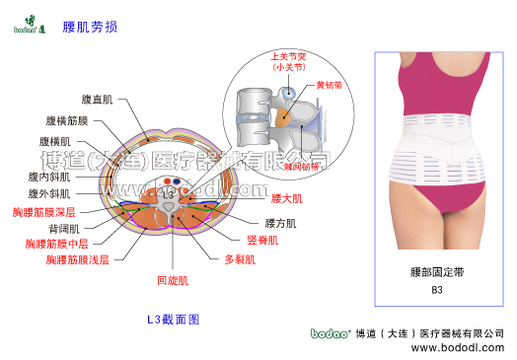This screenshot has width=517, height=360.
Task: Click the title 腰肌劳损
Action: pyautogui.click(x=90, y=28)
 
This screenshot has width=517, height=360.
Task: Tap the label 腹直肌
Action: pyautogui.click(x=97, y=100)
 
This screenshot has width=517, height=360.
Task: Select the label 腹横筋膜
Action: pyautogui.click(x=67, y=120)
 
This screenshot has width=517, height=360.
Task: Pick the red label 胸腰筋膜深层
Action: pyautogui.click(x=43, y=211)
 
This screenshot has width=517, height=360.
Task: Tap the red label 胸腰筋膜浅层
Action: pyautogui.click(x=77, y=259)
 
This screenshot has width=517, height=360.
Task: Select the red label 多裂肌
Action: pyautogui.click(x=239, y=259)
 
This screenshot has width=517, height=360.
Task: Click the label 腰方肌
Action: pyautogui.click(x=281, y=222)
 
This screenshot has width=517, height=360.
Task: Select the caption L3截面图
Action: pyautogui.click(x=173, y=320)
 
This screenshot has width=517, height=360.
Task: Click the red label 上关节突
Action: pyautogui.click(x=289, y=57)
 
